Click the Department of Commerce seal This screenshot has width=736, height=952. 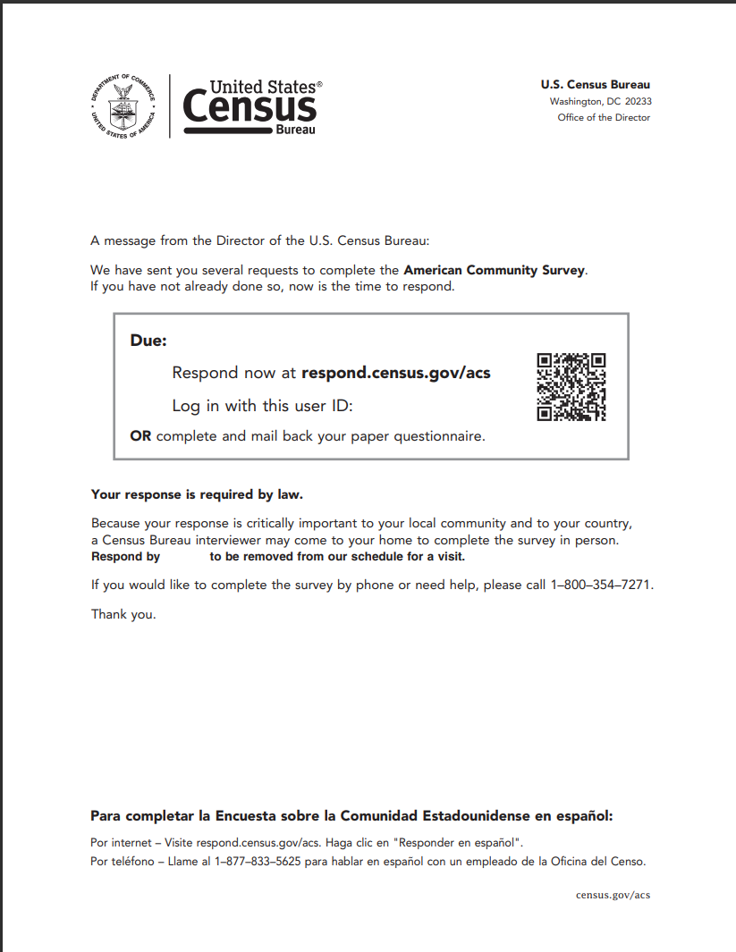[x=123, y=105]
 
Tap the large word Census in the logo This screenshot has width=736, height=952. [x=250, y=108]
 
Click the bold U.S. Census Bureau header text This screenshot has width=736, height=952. [x=595, y=85]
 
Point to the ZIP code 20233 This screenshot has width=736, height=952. [x=638, y=102]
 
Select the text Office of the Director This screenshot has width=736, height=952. [x=604, y=118]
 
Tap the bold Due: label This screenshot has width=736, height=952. [x=148, y=341]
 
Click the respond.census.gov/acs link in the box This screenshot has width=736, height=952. [x=396, y=373]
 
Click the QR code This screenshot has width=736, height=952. [x=571, y=387]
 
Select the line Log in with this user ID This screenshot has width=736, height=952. [x=263, y=406]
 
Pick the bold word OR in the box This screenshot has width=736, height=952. [x=140, y=436]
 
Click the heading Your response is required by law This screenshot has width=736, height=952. [x=197, y=493]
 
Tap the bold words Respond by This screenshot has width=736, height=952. [x=125, y=556]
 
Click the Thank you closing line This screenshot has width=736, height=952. [x=123, y=614]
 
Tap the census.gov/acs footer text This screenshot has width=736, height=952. [x=613, y=895]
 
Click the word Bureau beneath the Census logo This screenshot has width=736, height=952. [x=295, y=131]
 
